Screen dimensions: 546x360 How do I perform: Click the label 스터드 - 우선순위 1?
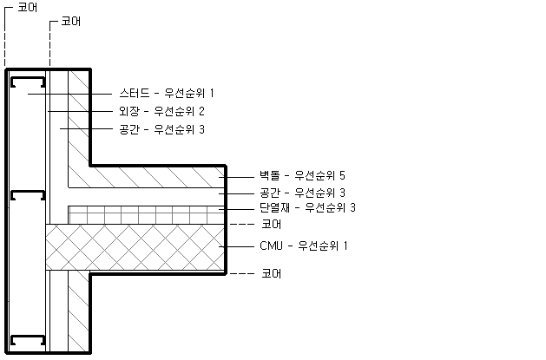click(167, 93)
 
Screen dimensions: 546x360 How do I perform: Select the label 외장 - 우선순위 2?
click(161, 111)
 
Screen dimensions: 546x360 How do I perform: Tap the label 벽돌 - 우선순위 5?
click(302, 175)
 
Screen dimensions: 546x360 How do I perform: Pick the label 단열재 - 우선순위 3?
click(307, 207)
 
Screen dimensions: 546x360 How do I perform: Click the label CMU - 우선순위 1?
click(304, 245)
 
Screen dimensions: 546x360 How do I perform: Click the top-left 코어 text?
click(28, 7)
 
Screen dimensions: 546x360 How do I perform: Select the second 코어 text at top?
click(70, 21)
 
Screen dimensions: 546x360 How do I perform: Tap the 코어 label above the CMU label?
click(271, 225)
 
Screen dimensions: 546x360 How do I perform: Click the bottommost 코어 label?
click(271, 274)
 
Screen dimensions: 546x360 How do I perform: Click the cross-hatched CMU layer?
click(135, 247)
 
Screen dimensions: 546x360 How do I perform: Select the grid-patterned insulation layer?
click(146, 215)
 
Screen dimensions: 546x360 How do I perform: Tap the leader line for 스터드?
click(69, 94)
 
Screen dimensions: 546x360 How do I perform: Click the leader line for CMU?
click(237, 246)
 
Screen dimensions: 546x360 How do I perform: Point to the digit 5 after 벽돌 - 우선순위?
click(342, 175)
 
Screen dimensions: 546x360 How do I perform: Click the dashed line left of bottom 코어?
click(242, 274)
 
